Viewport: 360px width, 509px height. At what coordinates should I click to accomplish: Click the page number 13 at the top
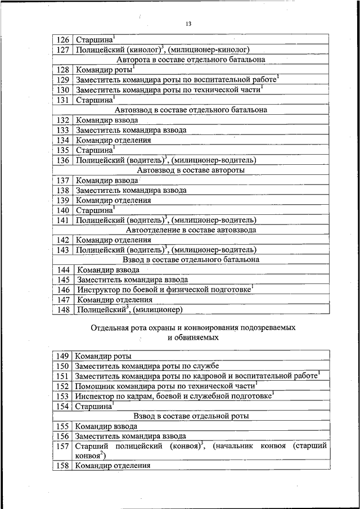188,24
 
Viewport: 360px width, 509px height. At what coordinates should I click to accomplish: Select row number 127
64,49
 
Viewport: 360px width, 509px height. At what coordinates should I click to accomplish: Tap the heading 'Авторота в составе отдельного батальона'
191,59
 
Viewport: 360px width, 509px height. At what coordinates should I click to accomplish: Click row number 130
64,89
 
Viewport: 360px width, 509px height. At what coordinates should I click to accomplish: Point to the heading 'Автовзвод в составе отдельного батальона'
191,110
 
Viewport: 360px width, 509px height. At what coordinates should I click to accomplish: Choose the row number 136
64,160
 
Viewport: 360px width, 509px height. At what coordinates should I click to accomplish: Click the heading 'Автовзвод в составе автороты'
191,170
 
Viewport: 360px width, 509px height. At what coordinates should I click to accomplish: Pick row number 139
64,200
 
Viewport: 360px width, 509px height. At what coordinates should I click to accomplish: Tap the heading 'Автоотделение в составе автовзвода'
191,229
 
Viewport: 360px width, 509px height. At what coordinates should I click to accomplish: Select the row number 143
64,250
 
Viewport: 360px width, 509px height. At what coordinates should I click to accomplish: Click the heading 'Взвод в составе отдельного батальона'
191,260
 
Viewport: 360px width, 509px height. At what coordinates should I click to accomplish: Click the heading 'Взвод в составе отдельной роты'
191,416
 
